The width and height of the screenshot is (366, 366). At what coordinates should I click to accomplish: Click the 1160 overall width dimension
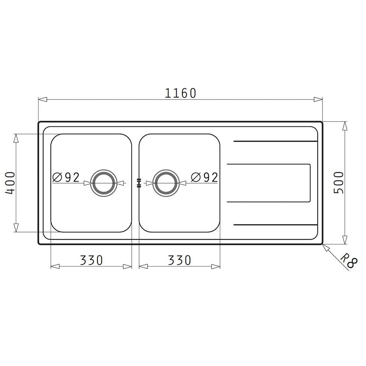tap(180, 93)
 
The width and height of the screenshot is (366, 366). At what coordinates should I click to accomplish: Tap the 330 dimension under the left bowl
tap(91, 260)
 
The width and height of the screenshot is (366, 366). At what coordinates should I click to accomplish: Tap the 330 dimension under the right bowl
tap(179, 260)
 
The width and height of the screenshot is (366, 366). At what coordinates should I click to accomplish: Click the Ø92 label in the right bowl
tap(205, 178)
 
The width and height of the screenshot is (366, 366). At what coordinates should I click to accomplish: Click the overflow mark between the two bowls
tap(139, 183)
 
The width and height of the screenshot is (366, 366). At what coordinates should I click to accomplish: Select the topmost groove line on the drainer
tap(275, 141)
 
